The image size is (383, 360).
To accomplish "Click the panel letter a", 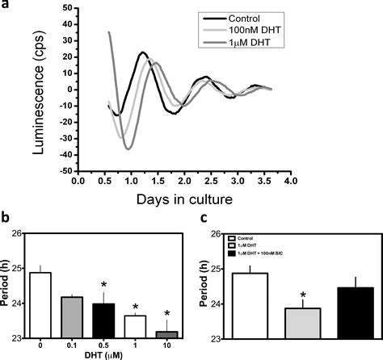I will point(6,6).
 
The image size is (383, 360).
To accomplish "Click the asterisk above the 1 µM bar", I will point(137,306).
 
